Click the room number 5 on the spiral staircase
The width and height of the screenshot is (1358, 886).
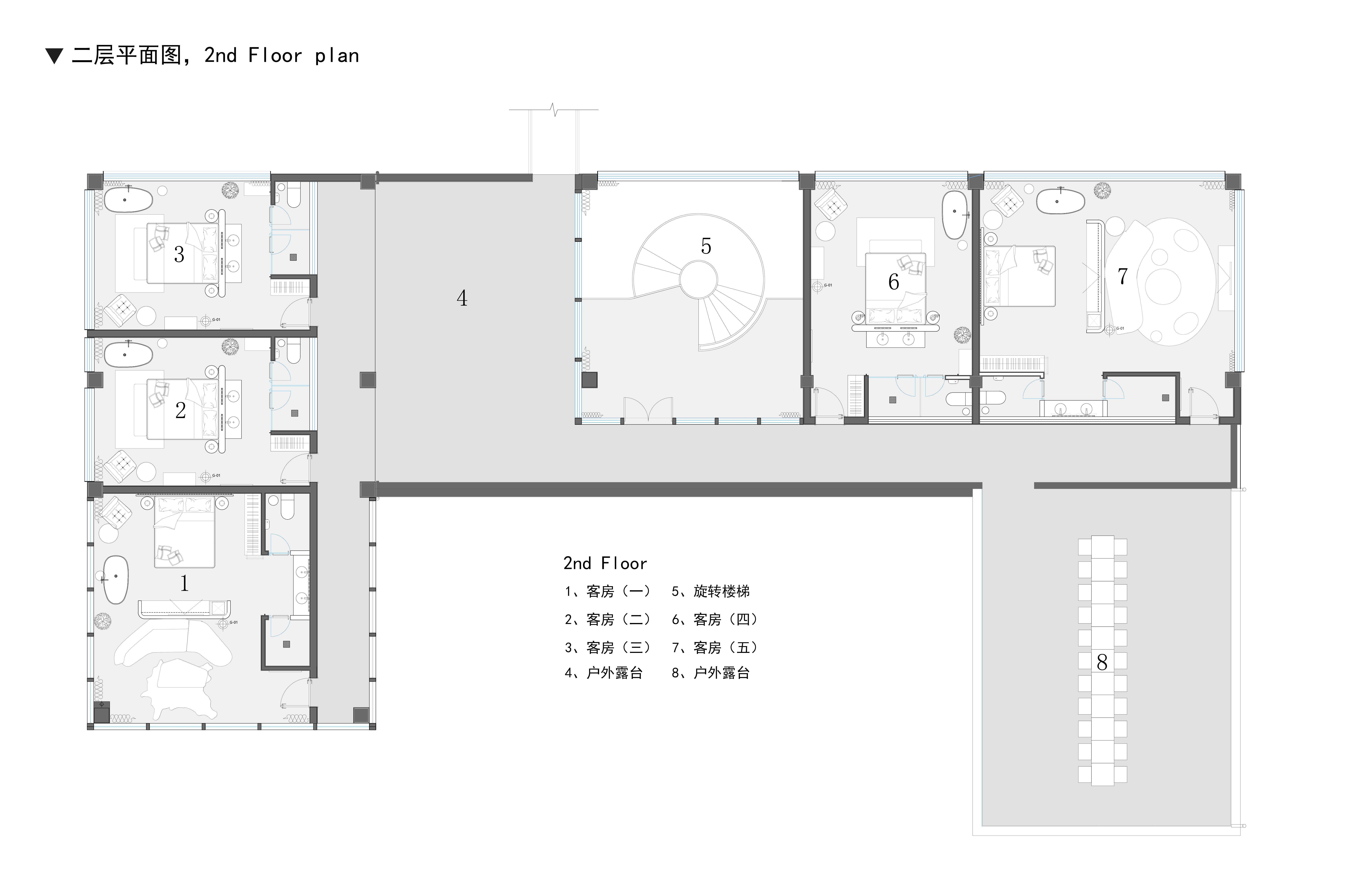(706, 246)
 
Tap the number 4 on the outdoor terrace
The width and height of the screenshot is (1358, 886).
(462, 298)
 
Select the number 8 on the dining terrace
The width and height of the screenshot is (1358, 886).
(1102, 662)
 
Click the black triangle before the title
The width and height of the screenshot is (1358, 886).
(54, 56)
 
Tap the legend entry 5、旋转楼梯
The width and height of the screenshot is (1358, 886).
(710, 591)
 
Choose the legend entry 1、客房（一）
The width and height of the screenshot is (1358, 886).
(607, 591)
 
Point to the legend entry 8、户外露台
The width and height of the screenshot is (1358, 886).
(710, 673)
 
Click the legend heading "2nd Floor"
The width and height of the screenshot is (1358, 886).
(605, 563)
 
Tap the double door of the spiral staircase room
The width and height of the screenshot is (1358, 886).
(648, 410)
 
